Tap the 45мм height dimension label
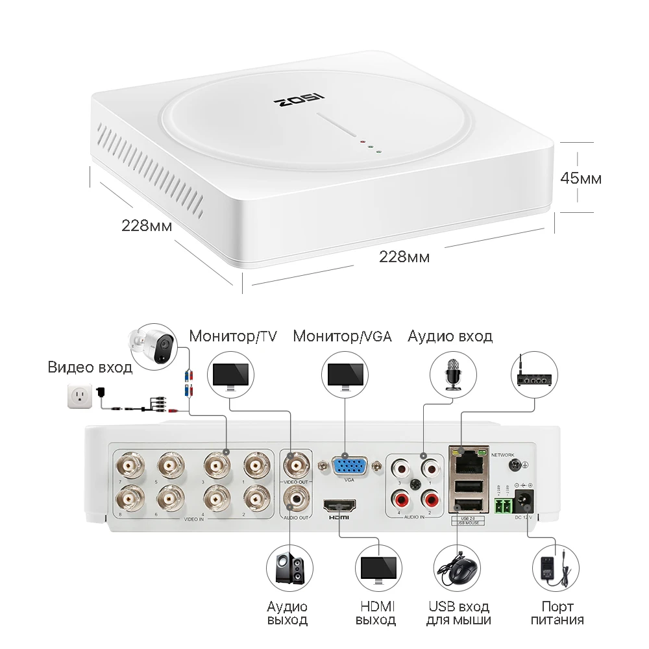(581, 178)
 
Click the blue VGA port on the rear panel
(349, 466)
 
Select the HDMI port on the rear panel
(339, 506)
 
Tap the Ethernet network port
(465, 461)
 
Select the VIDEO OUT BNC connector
(298, 465)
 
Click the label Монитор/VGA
(342, 336)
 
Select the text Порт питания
(557, 613)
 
